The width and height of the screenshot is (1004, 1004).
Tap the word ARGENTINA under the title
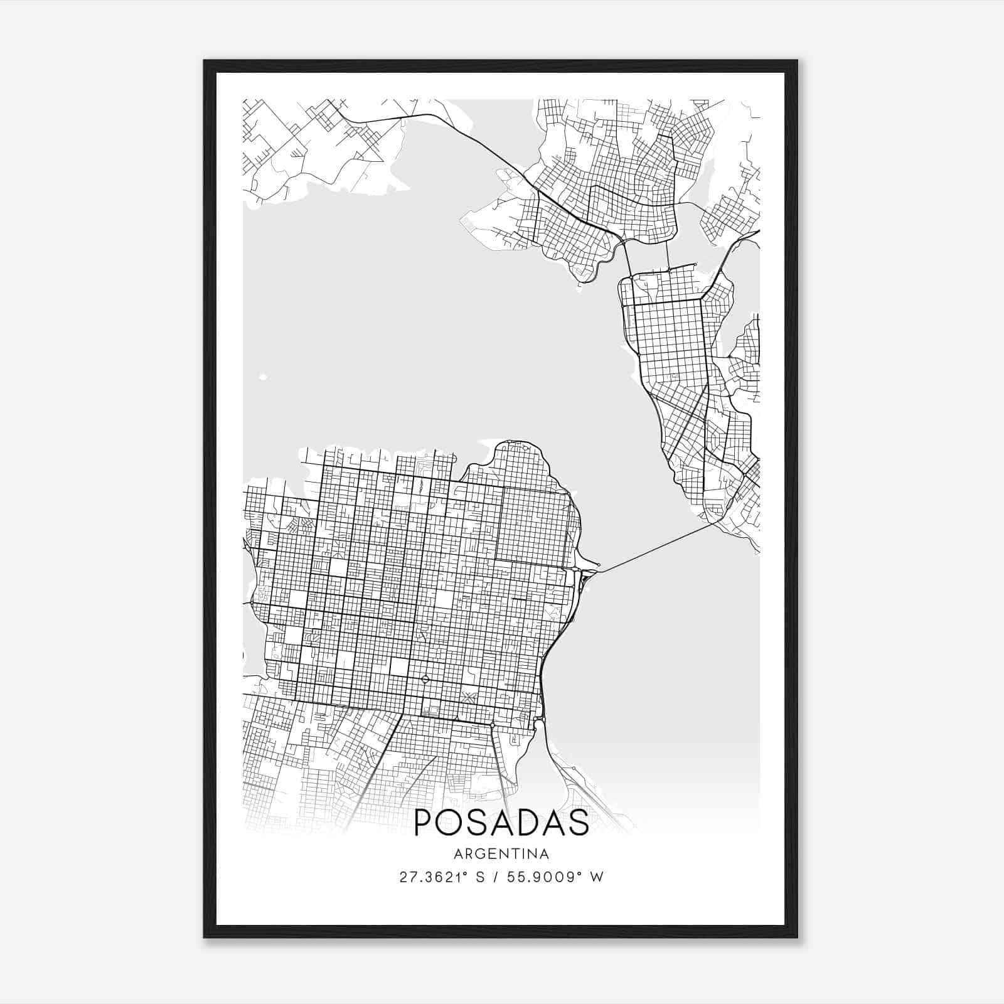501,854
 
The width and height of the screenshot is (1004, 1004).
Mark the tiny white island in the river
262,377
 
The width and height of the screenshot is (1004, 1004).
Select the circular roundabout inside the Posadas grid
425,679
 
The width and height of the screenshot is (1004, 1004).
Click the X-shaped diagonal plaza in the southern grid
467,697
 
